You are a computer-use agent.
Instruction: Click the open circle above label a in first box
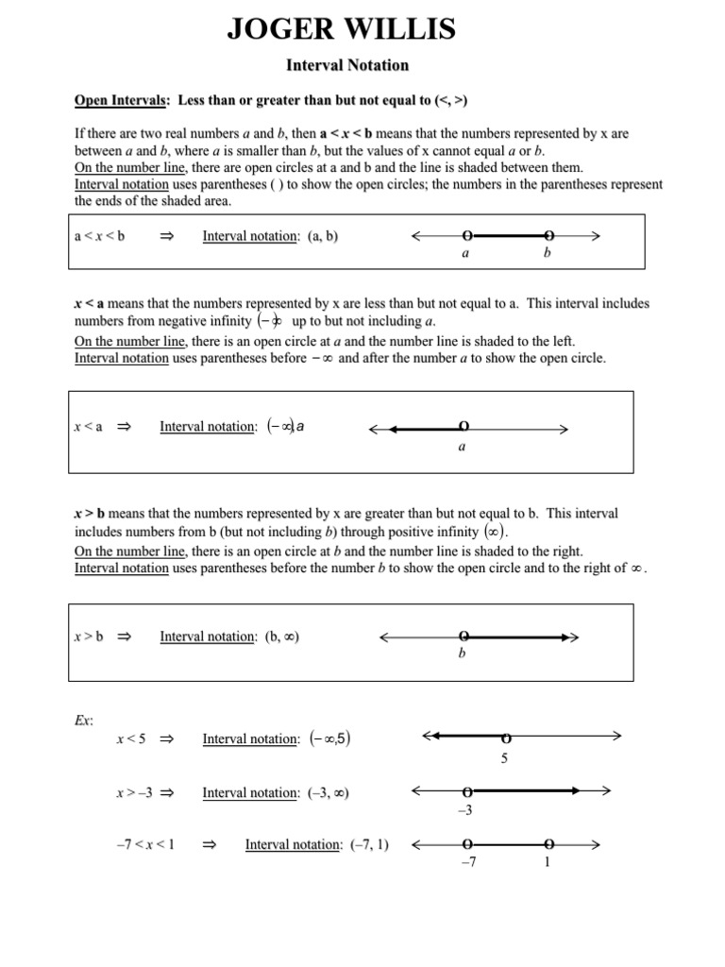pos(466,236)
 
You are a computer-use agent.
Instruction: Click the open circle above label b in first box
pos(549,236)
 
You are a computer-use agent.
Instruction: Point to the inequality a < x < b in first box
pos(99,237)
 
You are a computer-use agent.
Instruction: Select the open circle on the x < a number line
pos(463,427)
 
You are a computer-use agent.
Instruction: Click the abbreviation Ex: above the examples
pos(83,720)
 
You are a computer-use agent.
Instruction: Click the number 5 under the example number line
pos(505,757)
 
